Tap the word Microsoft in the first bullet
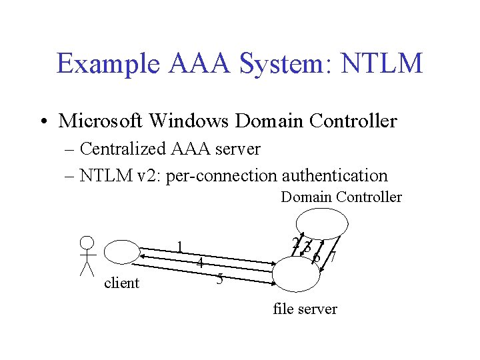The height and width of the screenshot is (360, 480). click(101, 121)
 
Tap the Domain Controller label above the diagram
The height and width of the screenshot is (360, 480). click(341, 197)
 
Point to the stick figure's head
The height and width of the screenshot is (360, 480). click(87, 243)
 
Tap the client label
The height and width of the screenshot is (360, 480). click(122, 283)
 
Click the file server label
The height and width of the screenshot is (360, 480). click(305, 309)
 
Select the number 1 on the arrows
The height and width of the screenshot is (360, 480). click(180, 246)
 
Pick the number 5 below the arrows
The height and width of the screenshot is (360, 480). click(219, 279)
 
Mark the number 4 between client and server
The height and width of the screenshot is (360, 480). click(199, 263)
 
